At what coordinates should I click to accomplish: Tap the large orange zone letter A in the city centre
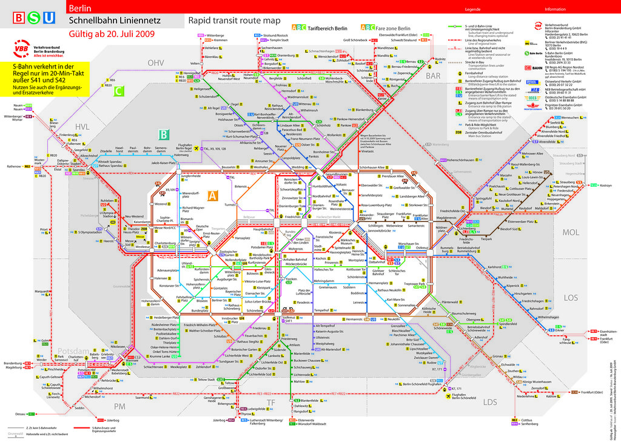point(212,196)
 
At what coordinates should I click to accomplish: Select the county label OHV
point(156,62)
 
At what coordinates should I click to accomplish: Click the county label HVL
point(82,126)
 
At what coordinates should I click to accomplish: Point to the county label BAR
point(433,76)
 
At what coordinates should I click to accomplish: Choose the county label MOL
point(571,232)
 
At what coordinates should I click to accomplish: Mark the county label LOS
point(571,297)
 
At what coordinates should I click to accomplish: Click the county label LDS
point(490,402)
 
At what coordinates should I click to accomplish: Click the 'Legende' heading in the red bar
point(472,10)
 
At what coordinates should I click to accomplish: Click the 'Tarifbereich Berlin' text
point(328,28)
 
